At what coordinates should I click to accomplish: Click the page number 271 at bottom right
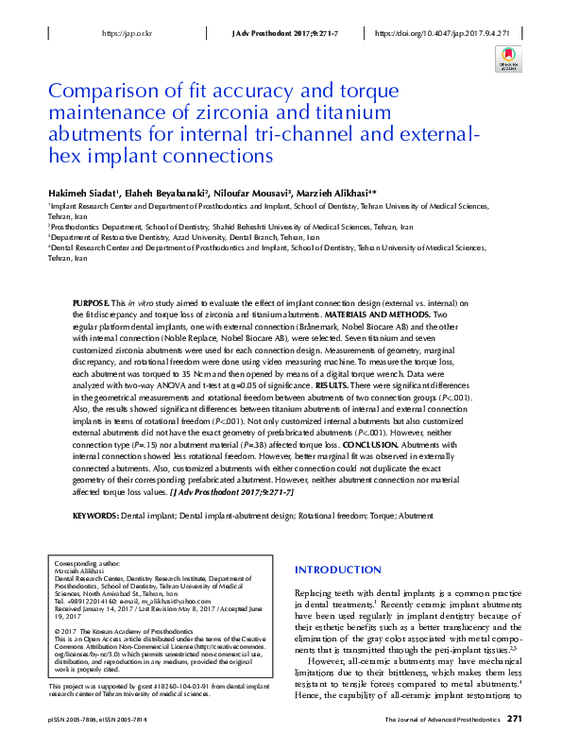tap(515, 719)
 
